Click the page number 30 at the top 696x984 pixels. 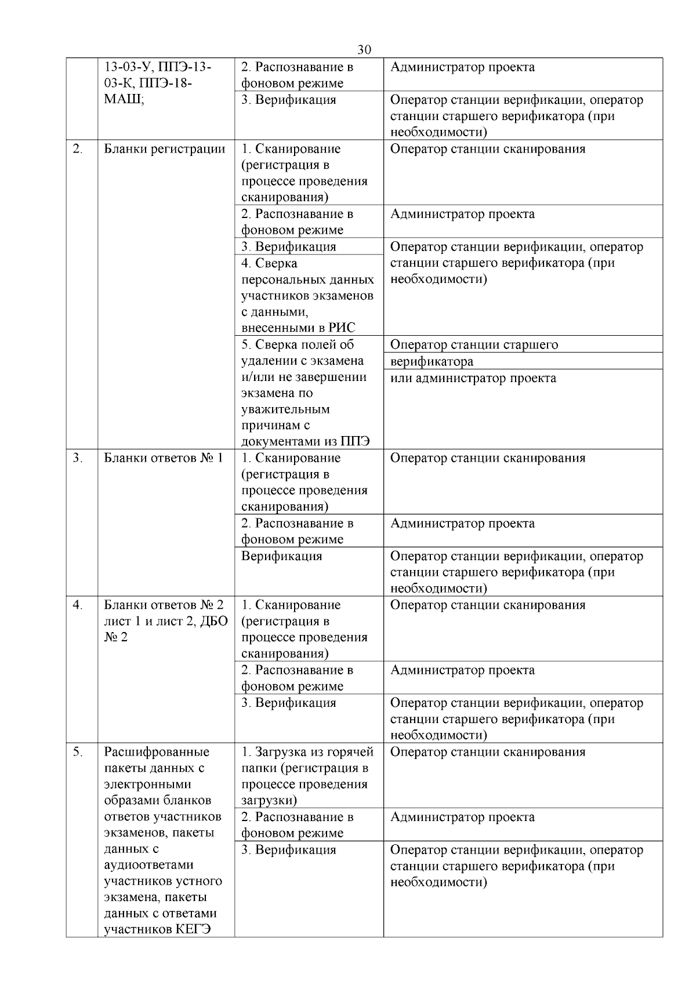click(364, 50)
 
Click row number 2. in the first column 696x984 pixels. click(77, 149)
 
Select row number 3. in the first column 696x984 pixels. click(77, 458)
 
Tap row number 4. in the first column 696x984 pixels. click(77, 605)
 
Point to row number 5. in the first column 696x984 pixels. click(77, 752)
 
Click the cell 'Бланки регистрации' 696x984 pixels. click(165, 149)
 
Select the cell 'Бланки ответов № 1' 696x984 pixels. click(164, 458)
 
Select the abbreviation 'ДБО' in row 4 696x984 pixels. click(214, 622)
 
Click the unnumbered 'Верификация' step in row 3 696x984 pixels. click(281, 557)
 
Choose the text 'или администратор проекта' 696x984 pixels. click(473, 379)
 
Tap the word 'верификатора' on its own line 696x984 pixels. click(432, 362)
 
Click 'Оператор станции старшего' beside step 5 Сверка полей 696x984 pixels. click(474, 345)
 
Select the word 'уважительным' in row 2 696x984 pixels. click(285, 409)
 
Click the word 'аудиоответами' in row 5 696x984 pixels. click(148, 865)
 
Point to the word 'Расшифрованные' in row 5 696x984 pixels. click(157, 752)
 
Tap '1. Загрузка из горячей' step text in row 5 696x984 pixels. click(307, 752)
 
